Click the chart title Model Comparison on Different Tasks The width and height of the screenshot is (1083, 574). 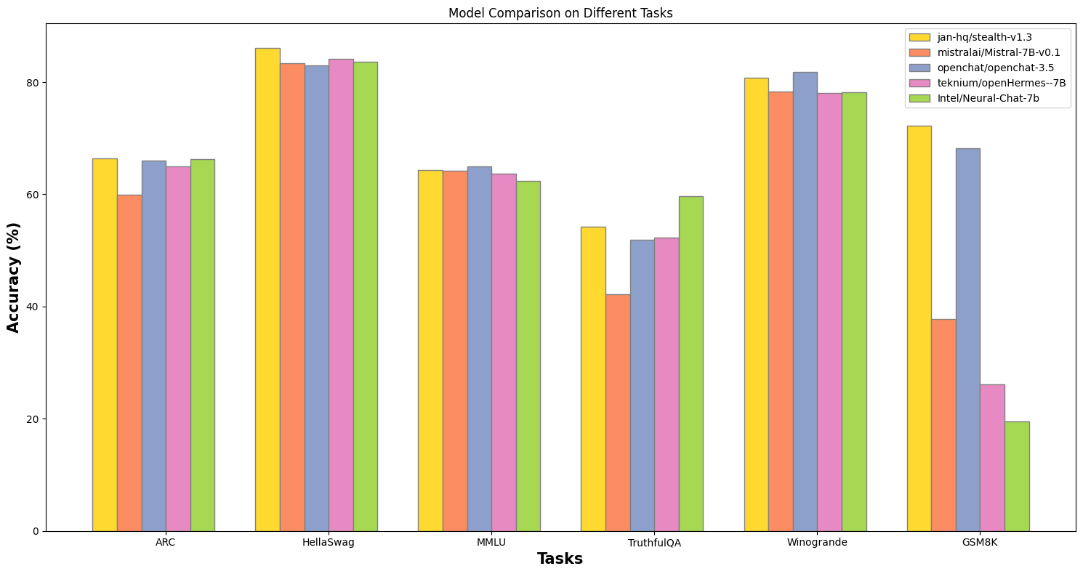(x=560, y=13)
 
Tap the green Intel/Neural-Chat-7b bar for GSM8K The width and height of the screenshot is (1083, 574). (x=1017, y=476)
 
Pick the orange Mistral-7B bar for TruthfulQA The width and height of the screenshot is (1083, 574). (x=618, y=413)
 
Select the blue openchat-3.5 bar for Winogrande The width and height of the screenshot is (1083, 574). (x=805, y=302)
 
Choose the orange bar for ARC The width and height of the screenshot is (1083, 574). (x=129, y=363)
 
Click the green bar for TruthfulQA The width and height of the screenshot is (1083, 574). (x=691, y=363)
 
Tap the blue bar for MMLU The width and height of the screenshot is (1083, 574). (x=479, y=349)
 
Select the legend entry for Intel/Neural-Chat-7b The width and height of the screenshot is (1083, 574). (x=972, y=98)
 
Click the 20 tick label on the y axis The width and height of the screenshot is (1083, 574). (x=33, y=419)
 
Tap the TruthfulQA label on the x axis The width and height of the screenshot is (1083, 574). (x=654, y=543)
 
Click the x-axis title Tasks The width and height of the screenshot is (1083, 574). (x=560, y=559)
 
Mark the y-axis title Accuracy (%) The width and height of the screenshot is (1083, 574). (x=14, y=278)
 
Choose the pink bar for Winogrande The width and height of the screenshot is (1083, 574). (x=829, y=312)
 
